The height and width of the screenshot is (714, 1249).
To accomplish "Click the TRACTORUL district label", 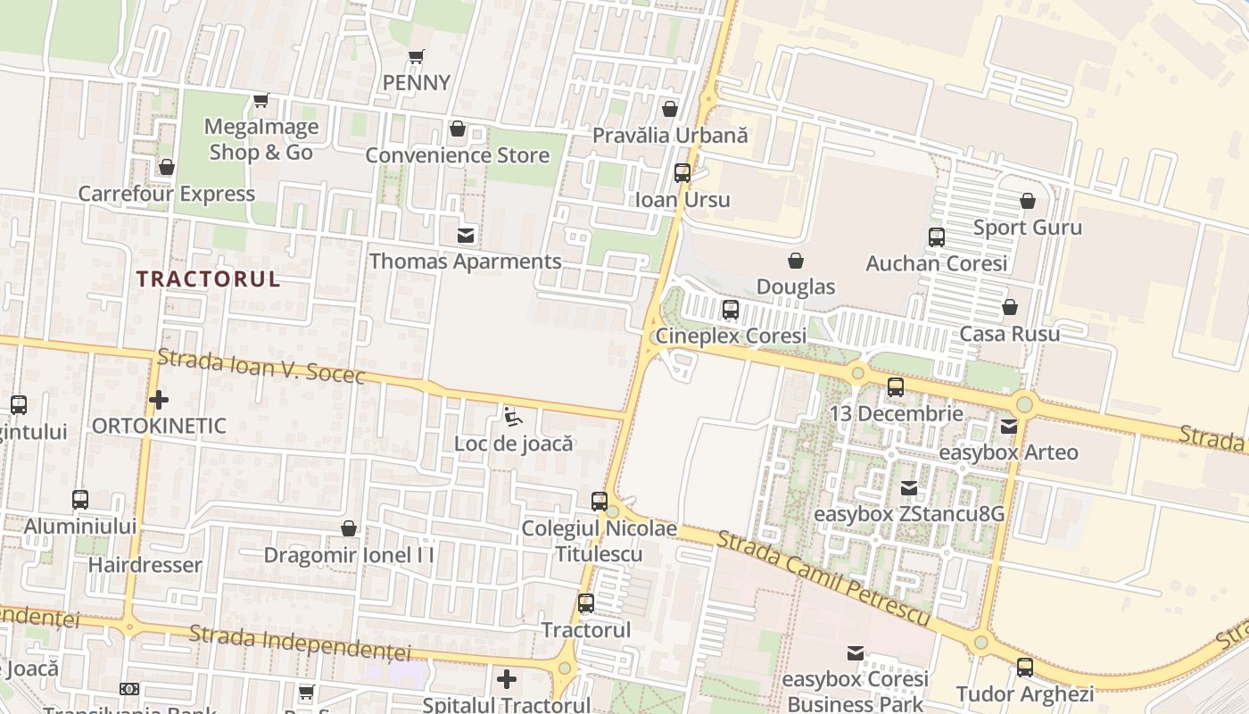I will (208, 278).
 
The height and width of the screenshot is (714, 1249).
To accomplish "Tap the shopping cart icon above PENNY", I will (416, 57).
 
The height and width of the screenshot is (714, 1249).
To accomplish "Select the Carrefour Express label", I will (167, 194).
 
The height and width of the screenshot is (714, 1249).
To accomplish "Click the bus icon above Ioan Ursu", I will (682, 173).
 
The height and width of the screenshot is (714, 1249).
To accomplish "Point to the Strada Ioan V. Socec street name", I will (261, 367).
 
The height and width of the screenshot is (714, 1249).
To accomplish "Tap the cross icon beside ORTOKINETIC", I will (159, 399).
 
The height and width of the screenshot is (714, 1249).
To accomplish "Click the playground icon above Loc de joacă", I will (512, 416).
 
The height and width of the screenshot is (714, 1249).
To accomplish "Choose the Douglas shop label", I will (795, 286).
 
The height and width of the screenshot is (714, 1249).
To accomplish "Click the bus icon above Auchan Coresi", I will (937, 237).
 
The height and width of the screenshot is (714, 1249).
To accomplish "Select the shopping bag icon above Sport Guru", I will (1028, 201).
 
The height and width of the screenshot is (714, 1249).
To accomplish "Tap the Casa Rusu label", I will (1010, 334).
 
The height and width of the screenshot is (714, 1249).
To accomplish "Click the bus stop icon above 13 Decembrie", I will (896, 387).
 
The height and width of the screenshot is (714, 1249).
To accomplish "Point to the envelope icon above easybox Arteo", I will (1009, 427).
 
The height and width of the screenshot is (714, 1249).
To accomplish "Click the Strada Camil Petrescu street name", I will (824, 578).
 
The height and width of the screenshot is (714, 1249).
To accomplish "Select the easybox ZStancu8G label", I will (909, 514).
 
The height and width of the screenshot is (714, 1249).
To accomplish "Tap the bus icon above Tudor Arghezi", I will (1025, 667).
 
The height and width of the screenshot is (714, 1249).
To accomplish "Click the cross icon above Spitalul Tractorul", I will (507, 679).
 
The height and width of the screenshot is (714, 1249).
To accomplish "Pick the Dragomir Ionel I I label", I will (349, 555).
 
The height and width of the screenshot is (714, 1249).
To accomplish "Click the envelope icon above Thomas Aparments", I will (466, 236).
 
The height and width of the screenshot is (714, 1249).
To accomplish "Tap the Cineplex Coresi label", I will (731, 336).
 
